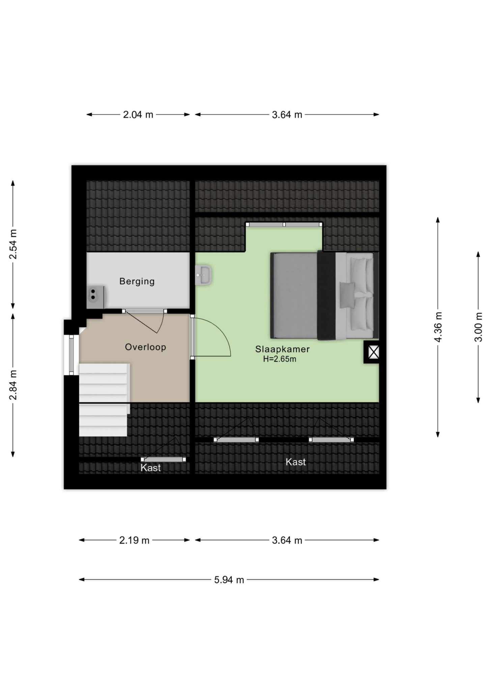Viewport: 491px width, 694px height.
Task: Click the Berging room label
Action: point(137,281)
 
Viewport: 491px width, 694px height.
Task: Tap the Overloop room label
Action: point(145,347)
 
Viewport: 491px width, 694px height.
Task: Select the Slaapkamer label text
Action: point(282,349)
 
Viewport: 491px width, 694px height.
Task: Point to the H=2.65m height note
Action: point(280,359)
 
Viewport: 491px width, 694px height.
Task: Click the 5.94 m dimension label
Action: point(229,580)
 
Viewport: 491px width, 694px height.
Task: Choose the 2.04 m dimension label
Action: point(138,115)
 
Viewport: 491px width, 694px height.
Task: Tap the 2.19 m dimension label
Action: point(134,540)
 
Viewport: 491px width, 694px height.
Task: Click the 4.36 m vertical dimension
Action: point(438,327)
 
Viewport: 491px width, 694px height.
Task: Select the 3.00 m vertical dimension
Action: point(478,327)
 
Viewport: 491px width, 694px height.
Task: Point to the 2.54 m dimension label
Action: point(13,244)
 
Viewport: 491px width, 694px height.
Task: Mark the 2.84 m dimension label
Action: point(13,385)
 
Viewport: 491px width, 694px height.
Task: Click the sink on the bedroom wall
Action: point(203,275)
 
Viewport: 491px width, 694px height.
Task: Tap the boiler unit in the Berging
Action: point(95,297)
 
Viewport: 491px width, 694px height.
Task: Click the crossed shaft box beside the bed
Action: point(371,352)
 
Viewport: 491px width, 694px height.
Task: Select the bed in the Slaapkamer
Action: point(324,295)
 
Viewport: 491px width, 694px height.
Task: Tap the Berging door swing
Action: point(148,322)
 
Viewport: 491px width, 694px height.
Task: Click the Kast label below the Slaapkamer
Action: point(296,462)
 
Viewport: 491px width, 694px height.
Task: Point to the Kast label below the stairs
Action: point(150,468)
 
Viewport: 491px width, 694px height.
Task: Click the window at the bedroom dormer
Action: point(284,224)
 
